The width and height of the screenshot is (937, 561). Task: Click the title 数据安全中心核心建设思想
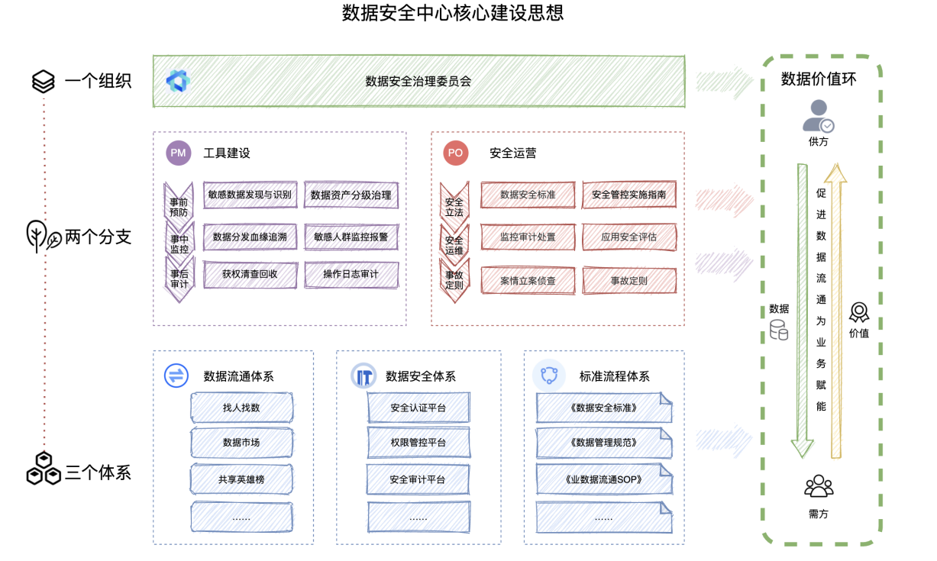[x=453, y=13]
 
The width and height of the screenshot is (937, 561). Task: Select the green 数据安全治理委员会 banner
[x=418, y=81]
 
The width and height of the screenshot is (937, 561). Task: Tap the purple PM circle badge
[x=178, y=153]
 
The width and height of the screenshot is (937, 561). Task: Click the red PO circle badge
[x=455, y=153]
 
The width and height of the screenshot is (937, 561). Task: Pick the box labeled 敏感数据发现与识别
[x=250, y=195]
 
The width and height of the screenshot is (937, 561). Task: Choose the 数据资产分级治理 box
[x=351, y=195]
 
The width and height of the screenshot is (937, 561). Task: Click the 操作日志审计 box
[x=351, y=275]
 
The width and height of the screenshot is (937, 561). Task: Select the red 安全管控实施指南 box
[x=628, y=195]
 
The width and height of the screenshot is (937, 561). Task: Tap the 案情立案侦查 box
[x=528, y=281]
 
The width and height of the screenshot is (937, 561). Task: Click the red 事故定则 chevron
[x=454, y=280]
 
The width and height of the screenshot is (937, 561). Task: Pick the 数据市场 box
[x=241, y=443]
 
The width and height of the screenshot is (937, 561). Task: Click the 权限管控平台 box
[x=418, y=443]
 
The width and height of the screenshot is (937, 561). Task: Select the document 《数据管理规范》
[x=603, y=443]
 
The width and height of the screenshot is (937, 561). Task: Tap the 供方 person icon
[x=818, y=116]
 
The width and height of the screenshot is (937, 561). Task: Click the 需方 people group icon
[x=819, y=486]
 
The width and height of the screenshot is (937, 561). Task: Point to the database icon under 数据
[x=779, y=330]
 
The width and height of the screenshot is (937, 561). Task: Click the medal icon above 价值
[x=859, y=311]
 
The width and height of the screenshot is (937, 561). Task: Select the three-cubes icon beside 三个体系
[x=44, y=468]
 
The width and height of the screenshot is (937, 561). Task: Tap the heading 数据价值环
[x=819, y=79]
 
